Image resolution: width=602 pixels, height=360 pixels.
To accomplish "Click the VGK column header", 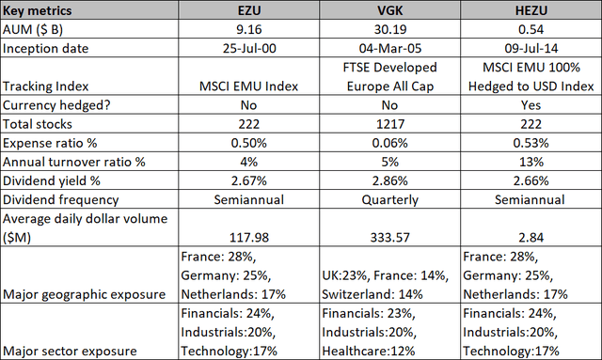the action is click(x=389, y=10).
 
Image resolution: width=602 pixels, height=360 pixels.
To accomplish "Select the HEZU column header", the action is click(x=531, y=10).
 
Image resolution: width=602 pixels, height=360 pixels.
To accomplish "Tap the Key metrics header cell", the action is click(x=38, y=10).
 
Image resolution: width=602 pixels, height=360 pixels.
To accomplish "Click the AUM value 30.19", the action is click(x=389, y=29).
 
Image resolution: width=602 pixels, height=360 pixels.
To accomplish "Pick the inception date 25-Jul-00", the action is click(x=249, y=48).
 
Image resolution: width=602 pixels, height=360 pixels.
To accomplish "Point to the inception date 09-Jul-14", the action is click(x=531, y=48).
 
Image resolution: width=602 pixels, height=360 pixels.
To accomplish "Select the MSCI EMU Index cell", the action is click(x=248, y=86).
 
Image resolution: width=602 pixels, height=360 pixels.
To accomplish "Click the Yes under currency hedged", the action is click(x=531, y=105).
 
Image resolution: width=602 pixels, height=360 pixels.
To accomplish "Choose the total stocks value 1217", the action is click(x=389, y=124).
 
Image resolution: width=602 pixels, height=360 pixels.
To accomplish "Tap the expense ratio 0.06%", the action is click(x=389, y=143).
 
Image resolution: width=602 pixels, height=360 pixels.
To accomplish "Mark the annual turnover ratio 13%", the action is click(x=531, y=162).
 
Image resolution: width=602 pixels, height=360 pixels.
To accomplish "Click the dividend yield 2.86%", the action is click(x=389, y=180).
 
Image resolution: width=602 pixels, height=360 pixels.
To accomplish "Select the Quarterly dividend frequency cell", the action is click(x=389, y=200).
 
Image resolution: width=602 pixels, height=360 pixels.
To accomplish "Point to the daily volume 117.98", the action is click(x=249, y=237).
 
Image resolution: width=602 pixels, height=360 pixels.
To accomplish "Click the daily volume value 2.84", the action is click(x=531, y=237).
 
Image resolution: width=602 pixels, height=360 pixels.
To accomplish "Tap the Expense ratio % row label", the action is click(x=50, y=143).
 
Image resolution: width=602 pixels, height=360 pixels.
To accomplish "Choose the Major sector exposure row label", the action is click(x=70, y=352).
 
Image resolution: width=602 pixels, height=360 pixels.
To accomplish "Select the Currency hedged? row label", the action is click(x=56, y=105).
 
